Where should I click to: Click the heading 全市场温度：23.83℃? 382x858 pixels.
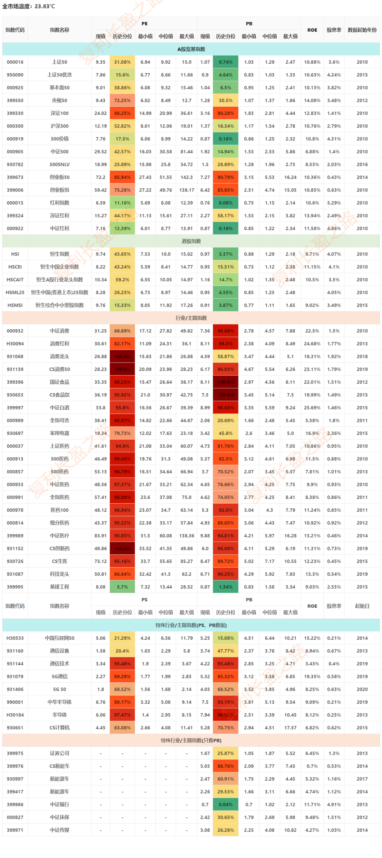[29, 6]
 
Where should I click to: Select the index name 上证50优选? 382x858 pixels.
[59, 75]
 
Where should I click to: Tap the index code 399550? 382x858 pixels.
[15, 100]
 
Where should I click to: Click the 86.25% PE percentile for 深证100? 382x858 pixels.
[122, 113]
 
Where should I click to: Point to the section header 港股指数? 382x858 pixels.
[191, 241]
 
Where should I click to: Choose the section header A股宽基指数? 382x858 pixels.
[191, 49]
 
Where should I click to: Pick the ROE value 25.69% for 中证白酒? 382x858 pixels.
[312, 407]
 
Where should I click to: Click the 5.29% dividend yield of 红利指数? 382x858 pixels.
[334, 203]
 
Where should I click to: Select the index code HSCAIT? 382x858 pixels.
[15, 280]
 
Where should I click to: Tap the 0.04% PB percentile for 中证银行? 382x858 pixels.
[226, 804]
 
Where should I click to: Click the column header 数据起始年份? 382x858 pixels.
[362, 30]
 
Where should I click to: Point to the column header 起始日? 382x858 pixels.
[362, 606]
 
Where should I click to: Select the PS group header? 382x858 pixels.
[144, 599]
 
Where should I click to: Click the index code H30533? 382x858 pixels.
[15, 638]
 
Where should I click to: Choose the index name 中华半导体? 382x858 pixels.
[59, 702]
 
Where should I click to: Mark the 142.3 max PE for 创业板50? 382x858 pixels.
[186, 177]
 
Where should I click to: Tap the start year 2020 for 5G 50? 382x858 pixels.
[362, 689]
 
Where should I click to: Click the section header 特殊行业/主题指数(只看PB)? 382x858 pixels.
[191, 740]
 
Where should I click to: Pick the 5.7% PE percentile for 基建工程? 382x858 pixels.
[122, 587]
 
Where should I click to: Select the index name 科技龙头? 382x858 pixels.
[59, 574]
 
